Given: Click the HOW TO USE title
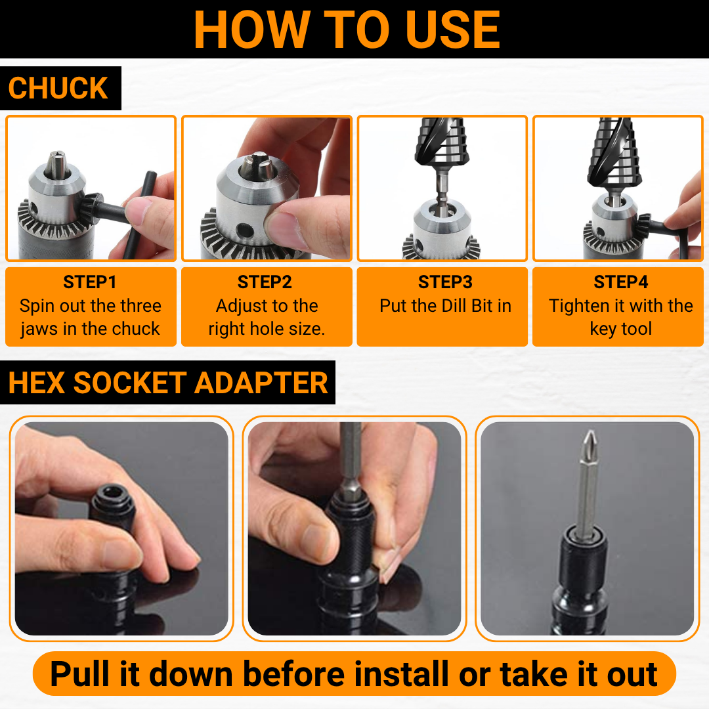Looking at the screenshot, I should (x=347, y=30).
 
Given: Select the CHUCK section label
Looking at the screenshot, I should (x=58, y=89).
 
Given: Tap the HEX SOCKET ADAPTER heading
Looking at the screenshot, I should (x=168, y=383).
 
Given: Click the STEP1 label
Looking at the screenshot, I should (x=90, y=282).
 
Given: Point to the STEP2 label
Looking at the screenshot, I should (x=265, y=282).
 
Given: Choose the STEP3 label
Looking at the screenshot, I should (x=445, y=282).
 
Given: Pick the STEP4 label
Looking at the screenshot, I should (x=620, y=282).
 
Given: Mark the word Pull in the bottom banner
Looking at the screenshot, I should (x=81, y=674).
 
